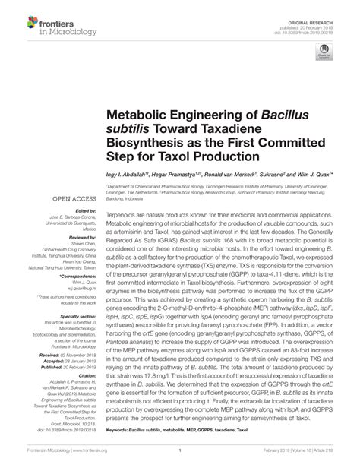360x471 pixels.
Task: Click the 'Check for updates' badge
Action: click(325, 53)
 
